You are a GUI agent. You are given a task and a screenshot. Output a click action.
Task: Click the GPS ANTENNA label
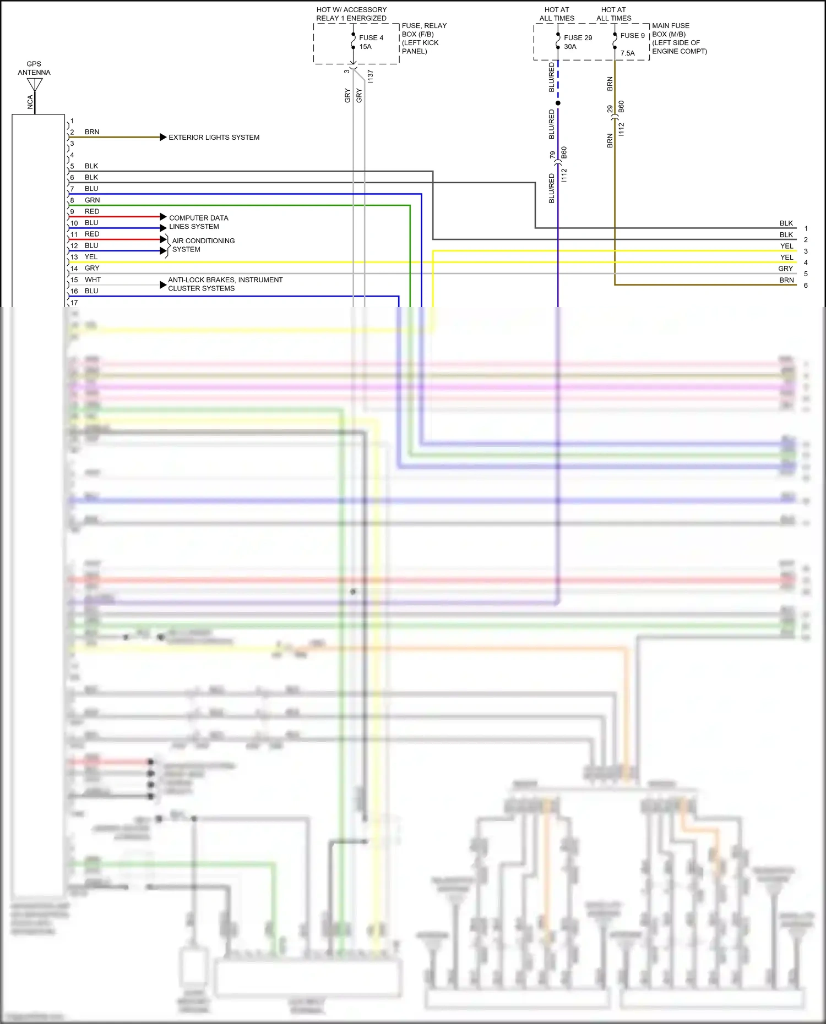pos(34,68)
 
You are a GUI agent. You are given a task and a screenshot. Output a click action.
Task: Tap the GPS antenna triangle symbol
pos(35,84)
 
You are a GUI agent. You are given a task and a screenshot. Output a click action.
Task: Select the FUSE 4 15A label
pos(371,42)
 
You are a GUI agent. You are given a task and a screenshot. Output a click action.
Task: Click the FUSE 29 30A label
pos(577,42)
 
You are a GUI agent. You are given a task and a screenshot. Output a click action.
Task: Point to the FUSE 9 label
pos(632,36)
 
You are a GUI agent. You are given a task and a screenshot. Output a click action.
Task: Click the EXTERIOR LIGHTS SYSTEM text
pos(214,138)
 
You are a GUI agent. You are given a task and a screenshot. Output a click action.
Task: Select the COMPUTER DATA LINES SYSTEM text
pos(198,222)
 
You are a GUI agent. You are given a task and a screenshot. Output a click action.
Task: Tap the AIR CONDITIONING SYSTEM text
pos(203,245)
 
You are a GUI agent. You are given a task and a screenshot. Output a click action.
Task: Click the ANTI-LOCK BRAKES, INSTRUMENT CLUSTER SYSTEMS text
pos(225,284)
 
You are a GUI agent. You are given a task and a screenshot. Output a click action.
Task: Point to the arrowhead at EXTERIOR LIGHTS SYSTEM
pos(163,137)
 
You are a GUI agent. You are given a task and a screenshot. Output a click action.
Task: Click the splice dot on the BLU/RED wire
pos(558,103)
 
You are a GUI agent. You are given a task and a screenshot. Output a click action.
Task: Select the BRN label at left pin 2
pos(92,132)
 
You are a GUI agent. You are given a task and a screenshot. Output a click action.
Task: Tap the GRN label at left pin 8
pos(92,200)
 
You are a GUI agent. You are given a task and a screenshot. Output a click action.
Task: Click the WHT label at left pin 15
pos(93,280)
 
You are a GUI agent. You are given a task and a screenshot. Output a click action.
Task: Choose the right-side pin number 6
pos(806,285)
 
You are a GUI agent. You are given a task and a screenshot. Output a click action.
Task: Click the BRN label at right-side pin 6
pos(786,280)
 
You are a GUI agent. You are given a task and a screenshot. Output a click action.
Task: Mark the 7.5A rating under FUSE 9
pos(627,53)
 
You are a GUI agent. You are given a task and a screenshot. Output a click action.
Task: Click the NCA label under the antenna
pos(30,102)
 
